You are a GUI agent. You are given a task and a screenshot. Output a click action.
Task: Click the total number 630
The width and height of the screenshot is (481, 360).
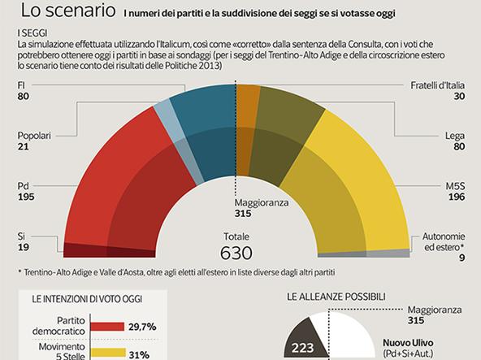click(236, 252)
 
